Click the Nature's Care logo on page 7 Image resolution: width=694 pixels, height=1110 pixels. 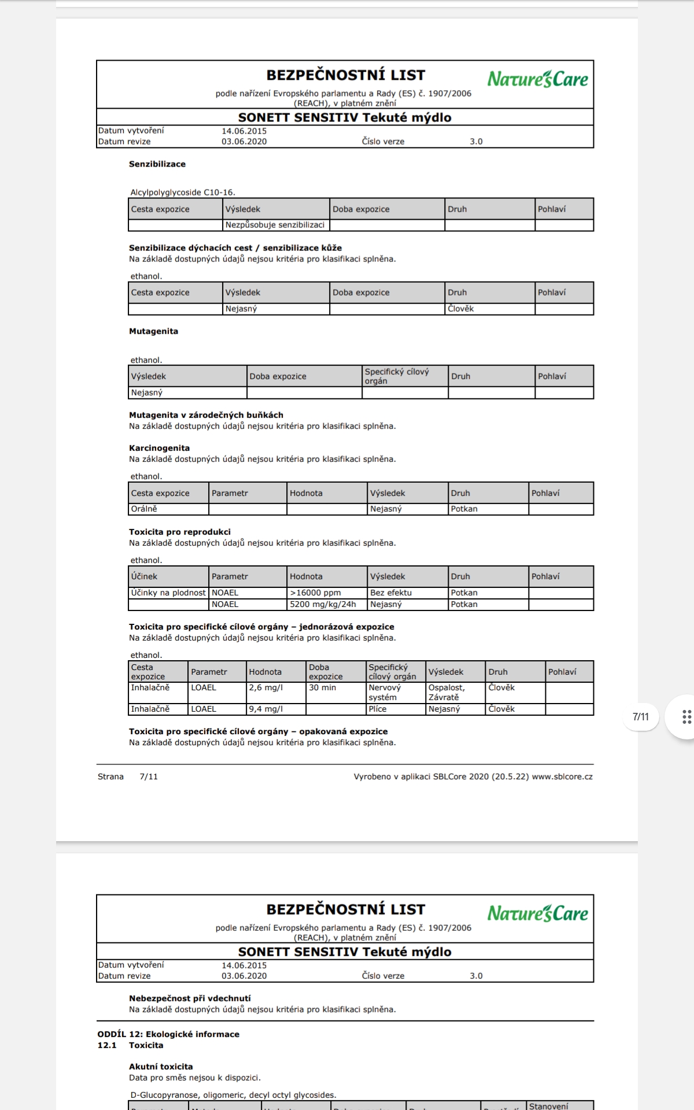(x=537, y=79)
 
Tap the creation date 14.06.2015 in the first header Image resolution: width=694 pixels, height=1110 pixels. (x=244, y=131)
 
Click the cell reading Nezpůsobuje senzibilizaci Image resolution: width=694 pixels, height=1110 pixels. (x=275, y=225)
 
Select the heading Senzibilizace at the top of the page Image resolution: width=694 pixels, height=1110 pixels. (x=157, y=164)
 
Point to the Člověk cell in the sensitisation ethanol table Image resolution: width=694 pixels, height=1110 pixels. (x=460, y=309)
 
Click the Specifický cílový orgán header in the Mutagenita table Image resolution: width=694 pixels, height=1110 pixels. (x=397, y=376)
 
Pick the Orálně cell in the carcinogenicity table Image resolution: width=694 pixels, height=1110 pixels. (x=144, y=509)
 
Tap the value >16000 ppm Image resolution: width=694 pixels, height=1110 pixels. (x=315, y=593)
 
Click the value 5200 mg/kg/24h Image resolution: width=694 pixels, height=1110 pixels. (x=323, y=604)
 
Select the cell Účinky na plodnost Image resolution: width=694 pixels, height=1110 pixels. (x=168, y=593)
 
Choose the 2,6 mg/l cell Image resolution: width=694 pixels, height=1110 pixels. (x=266, y=687)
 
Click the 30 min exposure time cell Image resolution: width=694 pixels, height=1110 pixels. (x=322, y=687)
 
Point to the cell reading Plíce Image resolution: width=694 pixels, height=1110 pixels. (x=378, y=709)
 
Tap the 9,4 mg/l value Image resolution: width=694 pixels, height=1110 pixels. (x=266, y=709)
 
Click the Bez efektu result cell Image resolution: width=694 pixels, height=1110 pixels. (x=391, y=593)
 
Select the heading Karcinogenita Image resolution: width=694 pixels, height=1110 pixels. (x=159, y=448)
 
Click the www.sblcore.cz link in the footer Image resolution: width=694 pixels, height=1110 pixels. (x=562, y=776)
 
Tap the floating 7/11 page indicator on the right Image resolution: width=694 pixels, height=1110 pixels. (x=641, y=717)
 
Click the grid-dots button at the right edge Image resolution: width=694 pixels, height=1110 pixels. (x=686, y=717)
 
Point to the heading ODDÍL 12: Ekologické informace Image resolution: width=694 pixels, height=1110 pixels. (x=168, y=1034)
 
